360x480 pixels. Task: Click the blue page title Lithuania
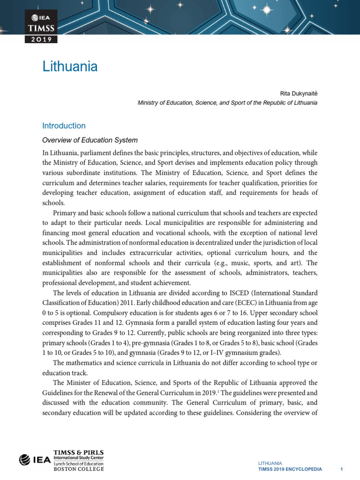tap(70, 67)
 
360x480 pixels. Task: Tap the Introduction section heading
tap(64, 126)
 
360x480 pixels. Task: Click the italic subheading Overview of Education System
tap(90, 140)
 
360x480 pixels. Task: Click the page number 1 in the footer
tap(342, 469)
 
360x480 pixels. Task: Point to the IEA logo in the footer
tap(35, 460)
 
